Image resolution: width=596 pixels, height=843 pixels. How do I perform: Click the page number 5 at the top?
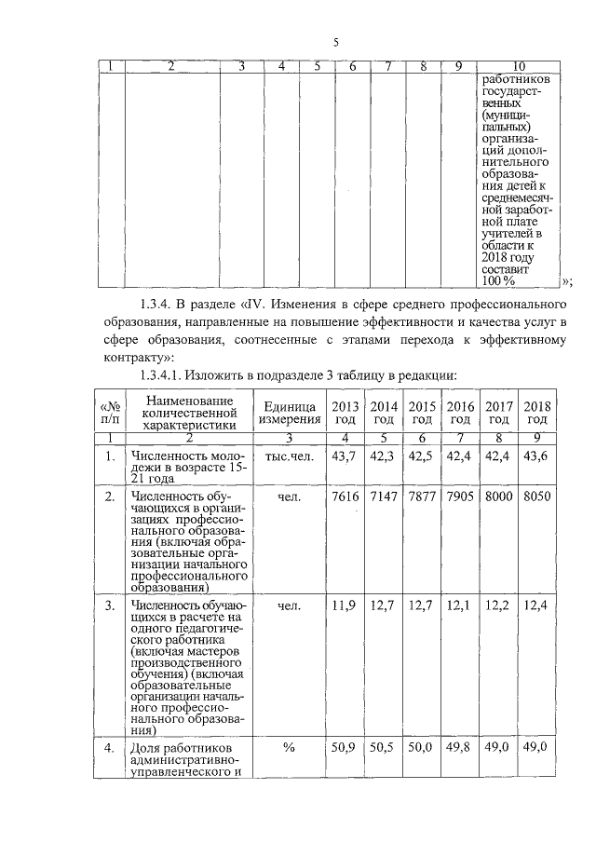(337, 41)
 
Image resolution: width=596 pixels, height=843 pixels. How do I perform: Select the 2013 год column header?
(345, 413)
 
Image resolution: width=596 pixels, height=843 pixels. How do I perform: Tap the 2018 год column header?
(536, 413)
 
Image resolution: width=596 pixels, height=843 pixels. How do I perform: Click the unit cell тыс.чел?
(289, 456)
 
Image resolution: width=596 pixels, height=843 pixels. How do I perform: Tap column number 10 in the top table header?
(519, 65)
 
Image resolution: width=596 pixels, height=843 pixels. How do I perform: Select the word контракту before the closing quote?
(133, 357)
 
